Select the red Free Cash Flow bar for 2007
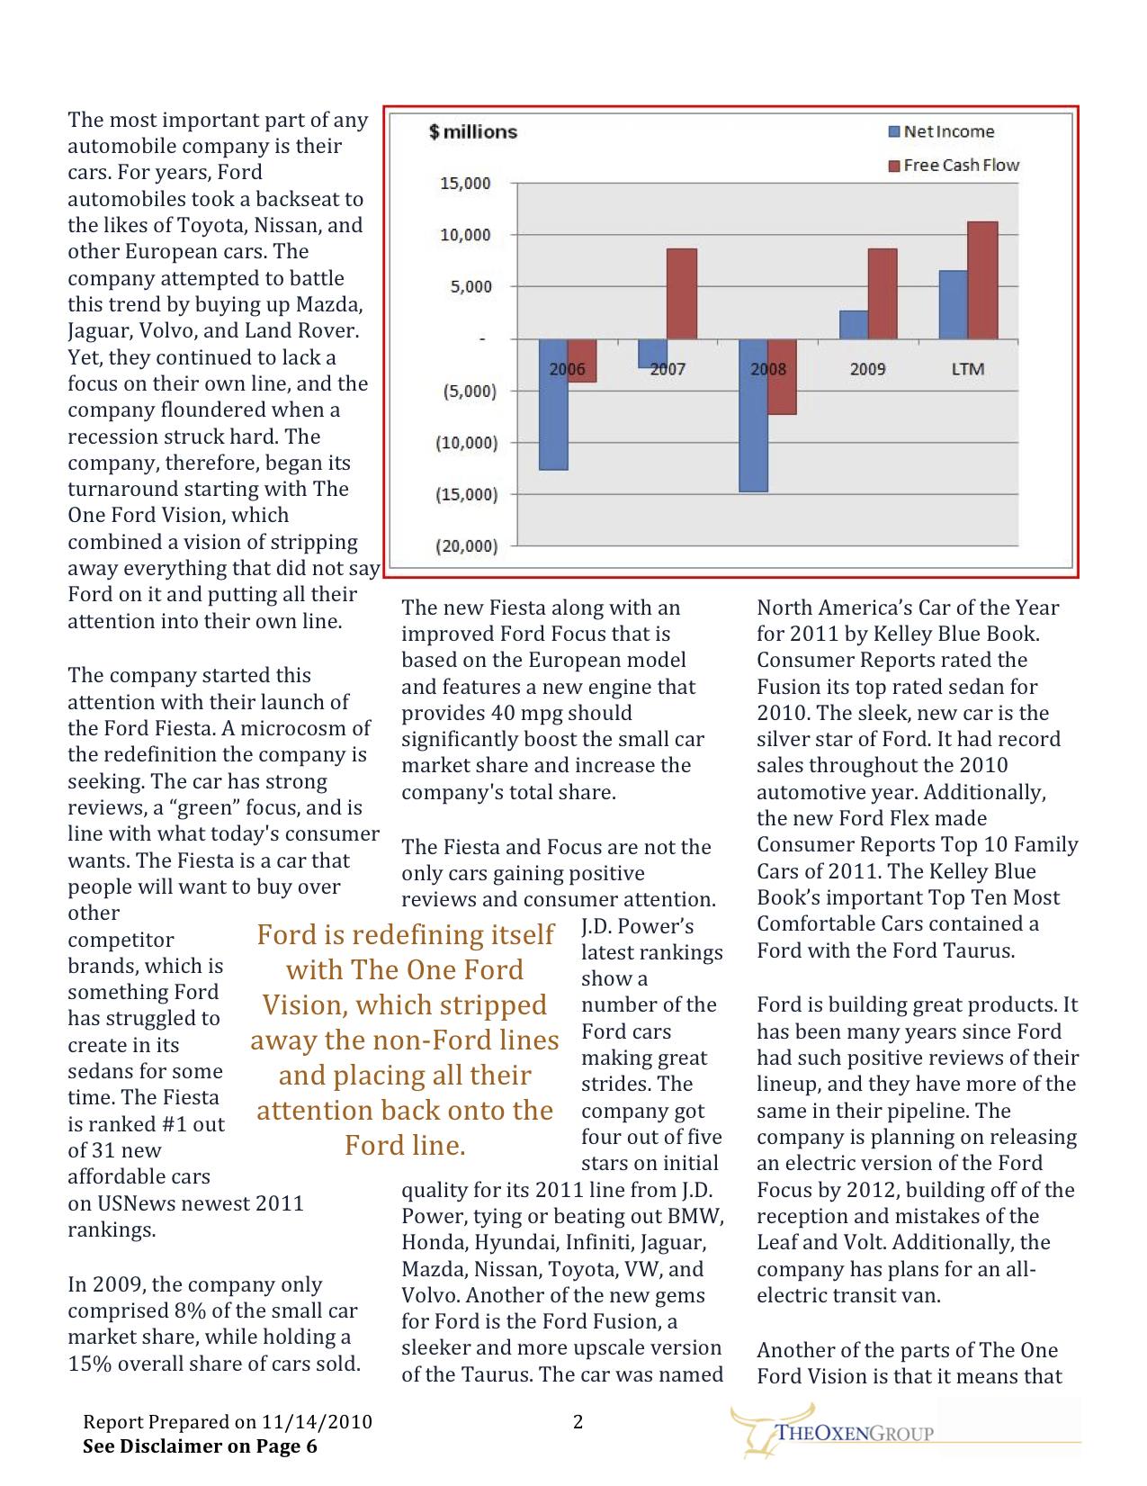681,293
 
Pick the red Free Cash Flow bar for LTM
983,280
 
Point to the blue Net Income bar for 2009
854,325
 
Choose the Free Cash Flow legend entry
954,165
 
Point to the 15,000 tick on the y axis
465,184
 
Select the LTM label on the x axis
968,369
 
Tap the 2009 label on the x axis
867,369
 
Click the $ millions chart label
473,132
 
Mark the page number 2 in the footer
578,1421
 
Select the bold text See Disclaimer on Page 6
200,1446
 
